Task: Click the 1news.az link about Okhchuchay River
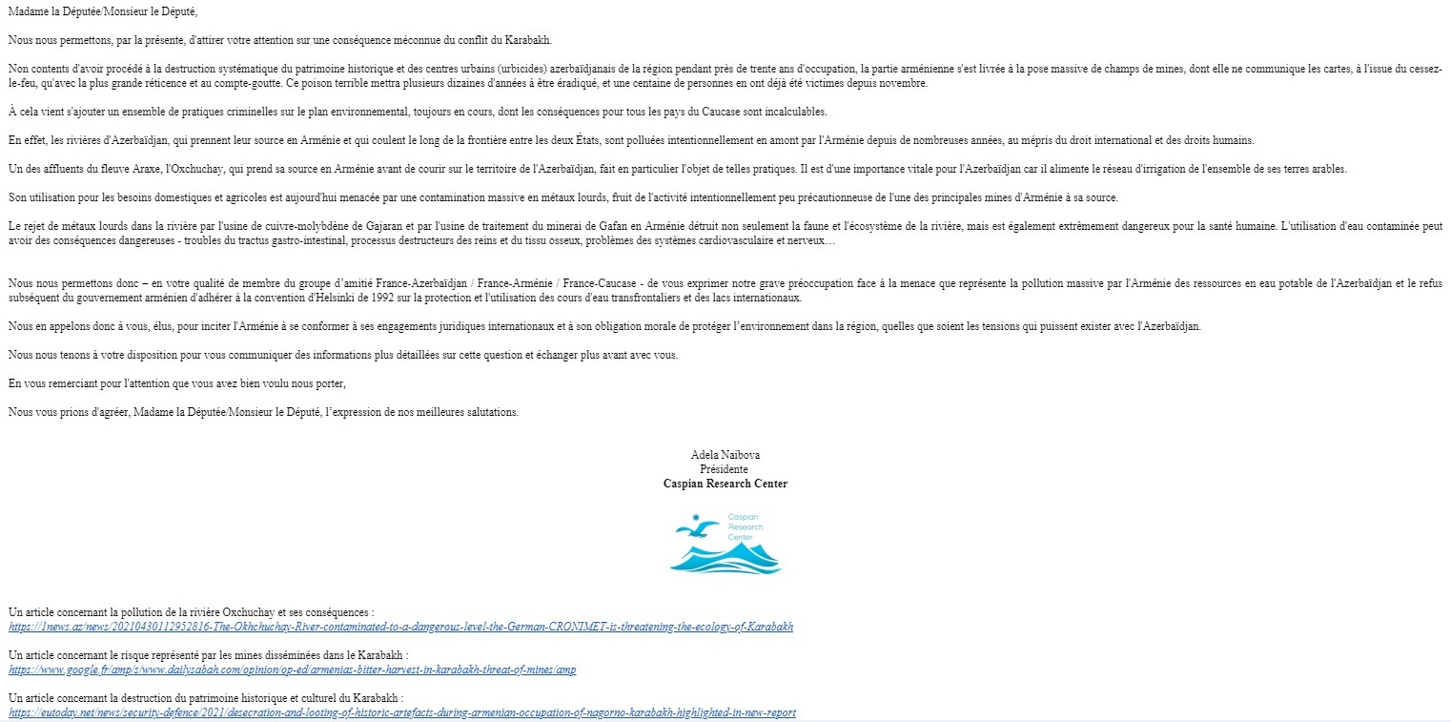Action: (400, 627)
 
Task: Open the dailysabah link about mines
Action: (292, 670)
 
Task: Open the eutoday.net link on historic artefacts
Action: (402, 712)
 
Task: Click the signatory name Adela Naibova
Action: (725, 455)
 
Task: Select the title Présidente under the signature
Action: (725, 469)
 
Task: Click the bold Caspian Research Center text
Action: (725, 484)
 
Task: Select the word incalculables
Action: (796, 112)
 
